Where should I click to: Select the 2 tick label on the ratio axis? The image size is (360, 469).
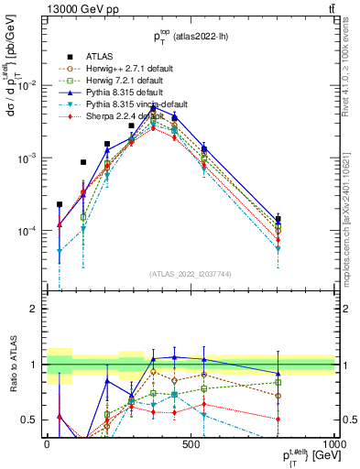pos(37,309)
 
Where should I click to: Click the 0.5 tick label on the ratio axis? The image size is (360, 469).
pos(33,420)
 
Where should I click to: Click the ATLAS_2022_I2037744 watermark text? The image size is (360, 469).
pos(191,274)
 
